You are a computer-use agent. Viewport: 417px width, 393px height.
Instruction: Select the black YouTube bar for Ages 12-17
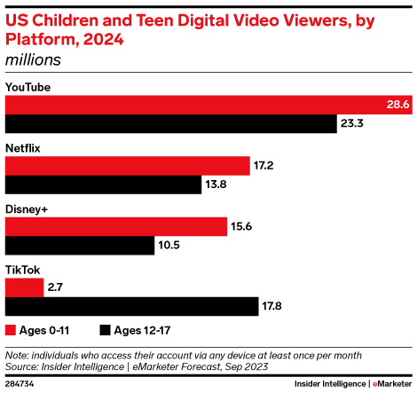tap(171, 124)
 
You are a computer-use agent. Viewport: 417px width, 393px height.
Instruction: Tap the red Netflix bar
tap(128, 165)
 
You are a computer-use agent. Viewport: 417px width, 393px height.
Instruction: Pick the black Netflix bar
tap(104, 185)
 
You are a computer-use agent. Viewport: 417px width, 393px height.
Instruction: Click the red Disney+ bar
tap(116, 225)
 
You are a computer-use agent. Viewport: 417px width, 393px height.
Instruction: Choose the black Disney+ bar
tap(80, 245)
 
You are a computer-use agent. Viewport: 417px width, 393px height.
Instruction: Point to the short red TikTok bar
tap(24, 287)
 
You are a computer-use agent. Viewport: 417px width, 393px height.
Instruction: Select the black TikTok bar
tap(132, 306)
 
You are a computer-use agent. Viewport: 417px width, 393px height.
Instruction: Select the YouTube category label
tap(28, 87)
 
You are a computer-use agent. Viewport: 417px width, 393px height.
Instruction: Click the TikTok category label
tap(22, 269)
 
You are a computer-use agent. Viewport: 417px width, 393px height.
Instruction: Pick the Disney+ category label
tap(27, 208)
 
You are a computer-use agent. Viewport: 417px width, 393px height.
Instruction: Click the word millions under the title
tap(33, 59)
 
